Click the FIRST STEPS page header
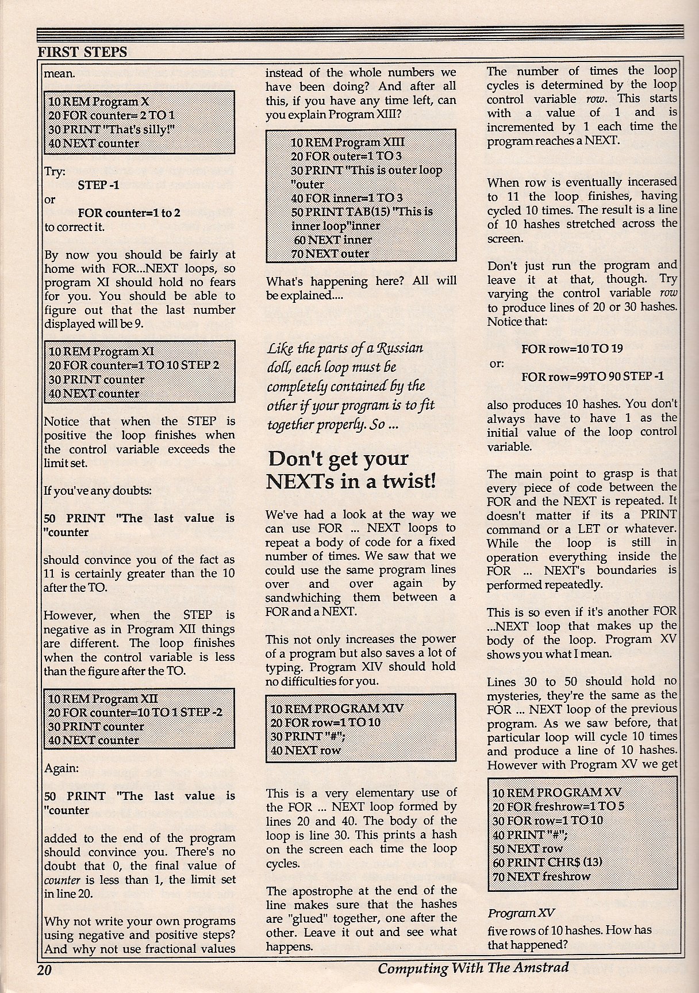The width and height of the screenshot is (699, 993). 82,51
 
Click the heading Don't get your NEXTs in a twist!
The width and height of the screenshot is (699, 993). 351,469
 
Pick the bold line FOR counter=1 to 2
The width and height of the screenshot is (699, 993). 129,213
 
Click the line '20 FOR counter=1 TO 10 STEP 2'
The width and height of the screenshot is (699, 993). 133,365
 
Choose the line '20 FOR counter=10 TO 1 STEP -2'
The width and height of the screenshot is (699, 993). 135,713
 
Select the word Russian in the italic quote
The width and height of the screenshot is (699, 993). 400,349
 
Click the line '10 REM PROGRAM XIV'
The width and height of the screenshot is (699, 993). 325,709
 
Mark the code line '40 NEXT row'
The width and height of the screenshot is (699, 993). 305,750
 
